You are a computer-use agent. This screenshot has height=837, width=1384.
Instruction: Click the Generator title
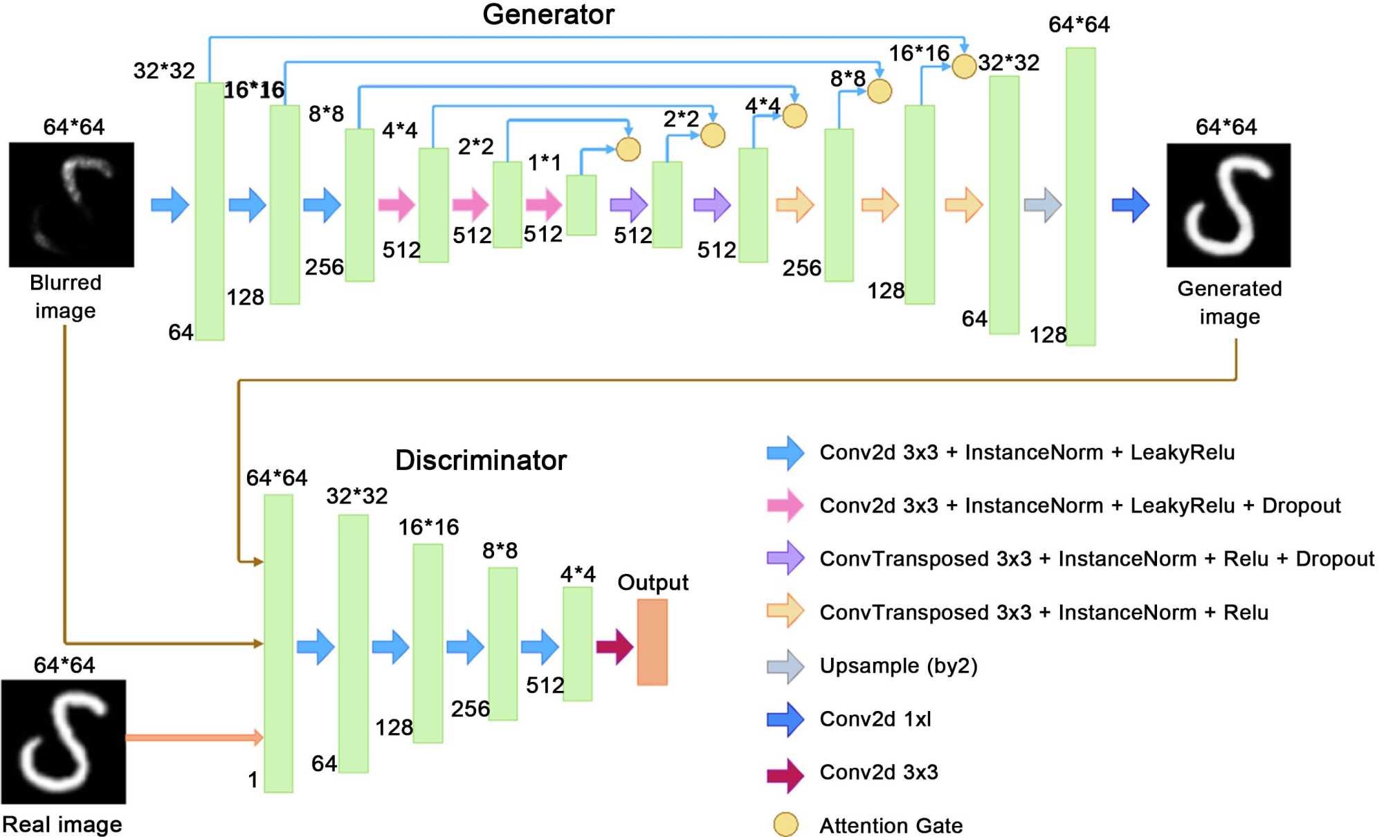pyautogui.click(x=548, y=15)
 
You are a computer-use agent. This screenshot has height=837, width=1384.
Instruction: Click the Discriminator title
pyautogui.click(x=480, y=460)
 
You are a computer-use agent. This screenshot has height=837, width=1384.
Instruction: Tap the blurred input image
pyautogui.click(x=71, y=205)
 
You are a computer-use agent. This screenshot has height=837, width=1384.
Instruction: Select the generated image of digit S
pyautogui.click(x=1228, y=205)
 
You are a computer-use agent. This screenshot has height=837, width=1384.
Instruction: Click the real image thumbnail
pyautogui.click(x=64, y=741)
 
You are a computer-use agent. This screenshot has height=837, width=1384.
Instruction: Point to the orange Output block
pyautogui.click(x=652, y=642)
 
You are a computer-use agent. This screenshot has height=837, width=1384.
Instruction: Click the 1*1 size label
pyautogui.click(x=544, y=163)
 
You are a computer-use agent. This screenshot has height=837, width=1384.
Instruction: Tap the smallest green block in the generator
pyautogui.click(x=581, y=205)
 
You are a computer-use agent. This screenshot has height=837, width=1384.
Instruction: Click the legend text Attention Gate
pyautogui.click(x=891, y=825)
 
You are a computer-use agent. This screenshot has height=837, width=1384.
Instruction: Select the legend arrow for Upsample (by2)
pyautogui.click(x=785, y=666)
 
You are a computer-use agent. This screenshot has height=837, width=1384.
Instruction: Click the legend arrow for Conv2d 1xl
pyautogui.click(x=785, y=719)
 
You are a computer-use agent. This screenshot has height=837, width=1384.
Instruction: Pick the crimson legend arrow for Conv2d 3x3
pyautogui.click(x=785, y=773)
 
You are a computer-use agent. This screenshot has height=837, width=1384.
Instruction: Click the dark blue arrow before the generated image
pyautogui.click(x=1130, y=205)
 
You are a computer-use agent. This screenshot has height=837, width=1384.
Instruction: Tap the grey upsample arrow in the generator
pyautogui.click(x=1042, y=205)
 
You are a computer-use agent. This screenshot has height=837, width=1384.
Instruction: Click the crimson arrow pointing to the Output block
pyautogui.click(x=614, y=647)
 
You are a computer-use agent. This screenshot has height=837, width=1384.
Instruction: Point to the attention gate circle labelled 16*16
pyautogui.click(x=963, y=66)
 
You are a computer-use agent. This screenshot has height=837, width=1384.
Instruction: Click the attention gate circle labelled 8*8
pyautogui.click(x=879, y=91)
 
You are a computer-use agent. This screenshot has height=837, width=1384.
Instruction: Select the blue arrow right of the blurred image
pyautogui.click(x=170, y=205)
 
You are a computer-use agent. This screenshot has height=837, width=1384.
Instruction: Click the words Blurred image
pyautogui.click(x=66, y=296)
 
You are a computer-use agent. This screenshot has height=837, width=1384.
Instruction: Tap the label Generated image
pyautogui.click(x=1229, y=303)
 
